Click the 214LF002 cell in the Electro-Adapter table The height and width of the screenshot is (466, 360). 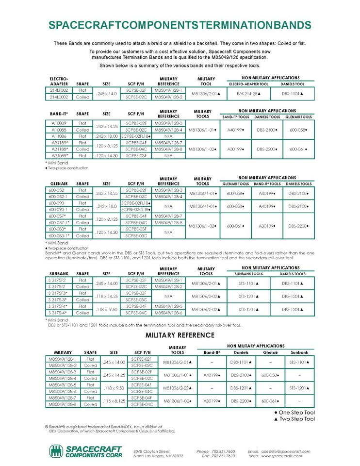click(59, 90)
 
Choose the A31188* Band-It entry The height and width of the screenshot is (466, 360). click(59, 149)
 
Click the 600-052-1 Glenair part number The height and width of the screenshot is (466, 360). click(59, 196)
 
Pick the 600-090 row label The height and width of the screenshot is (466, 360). click(59, 202)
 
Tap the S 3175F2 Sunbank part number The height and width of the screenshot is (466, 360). click(59, 281)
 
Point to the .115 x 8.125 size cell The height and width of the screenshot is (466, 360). click(115, 401)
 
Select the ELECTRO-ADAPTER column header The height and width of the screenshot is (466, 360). click(59, 81)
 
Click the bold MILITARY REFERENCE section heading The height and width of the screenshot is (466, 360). click(180, 335)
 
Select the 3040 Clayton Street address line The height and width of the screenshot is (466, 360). click(151, 451)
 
